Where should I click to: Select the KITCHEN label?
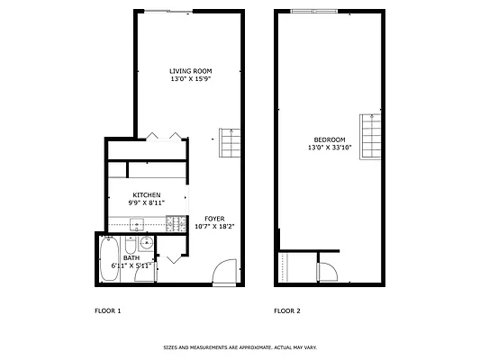147,195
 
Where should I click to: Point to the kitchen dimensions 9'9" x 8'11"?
147,203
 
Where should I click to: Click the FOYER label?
214,219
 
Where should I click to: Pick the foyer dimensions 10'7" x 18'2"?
214,227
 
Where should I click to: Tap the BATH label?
131,257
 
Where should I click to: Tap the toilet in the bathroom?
131,246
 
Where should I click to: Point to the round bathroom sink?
146,243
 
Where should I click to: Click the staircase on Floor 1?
231,142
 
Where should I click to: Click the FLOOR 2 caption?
287,310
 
